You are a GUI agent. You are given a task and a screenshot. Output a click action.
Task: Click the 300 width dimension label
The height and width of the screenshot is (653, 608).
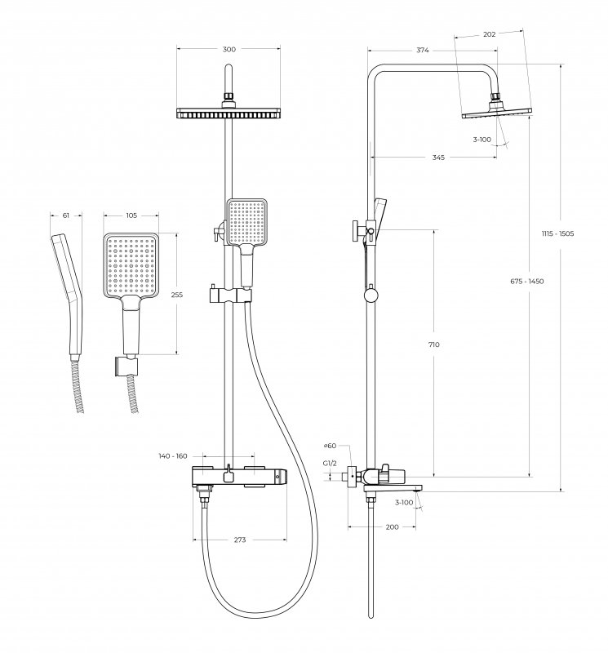coord(229,50)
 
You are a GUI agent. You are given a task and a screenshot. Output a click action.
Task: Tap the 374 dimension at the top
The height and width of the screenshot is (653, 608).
coord(422,50)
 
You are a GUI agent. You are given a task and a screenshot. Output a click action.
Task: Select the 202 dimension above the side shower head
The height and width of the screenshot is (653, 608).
coord(490,34)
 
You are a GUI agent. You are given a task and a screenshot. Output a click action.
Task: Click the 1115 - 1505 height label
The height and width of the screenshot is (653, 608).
coord(559,234)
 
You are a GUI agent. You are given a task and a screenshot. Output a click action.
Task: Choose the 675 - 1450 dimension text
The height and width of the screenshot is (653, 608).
coord(527,282)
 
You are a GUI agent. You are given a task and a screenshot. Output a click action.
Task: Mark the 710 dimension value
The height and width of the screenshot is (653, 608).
coord(433,344)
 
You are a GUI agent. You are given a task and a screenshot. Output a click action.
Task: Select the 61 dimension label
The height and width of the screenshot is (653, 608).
coord(66,216)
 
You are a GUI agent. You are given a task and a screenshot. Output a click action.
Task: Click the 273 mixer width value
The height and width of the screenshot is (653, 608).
coord(240,540)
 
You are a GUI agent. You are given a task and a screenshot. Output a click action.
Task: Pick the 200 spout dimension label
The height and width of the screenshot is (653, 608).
coord(391,527)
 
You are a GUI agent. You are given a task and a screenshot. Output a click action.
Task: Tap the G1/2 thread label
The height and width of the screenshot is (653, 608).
coord(330,463)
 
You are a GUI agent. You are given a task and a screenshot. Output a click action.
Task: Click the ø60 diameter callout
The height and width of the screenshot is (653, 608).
coord(330,446)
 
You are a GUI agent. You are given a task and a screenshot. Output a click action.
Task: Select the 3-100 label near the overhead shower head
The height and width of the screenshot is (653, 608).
coord(482,140)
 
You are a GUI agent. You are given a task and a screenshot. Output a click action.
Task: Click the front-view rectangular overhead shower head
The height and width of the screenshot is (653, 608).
coord(229,113)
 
